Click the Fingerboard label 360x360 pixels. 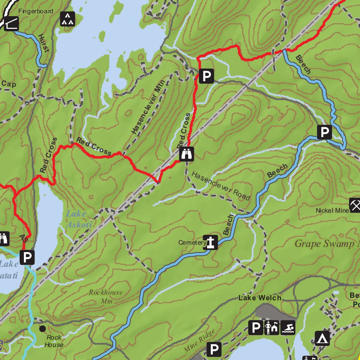coord(36,11)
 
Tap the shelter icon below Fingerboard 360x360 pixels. coord(11,24)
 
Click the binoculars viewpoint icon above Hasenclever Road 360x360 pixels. coord(187,154)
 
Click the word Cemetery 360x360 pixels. coord(192,243)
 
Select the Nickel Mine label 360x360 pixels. coord(332,210)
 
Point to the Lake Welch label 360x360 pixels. coord(260,298)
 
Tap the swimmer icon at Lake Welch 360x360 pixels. coord(288,328)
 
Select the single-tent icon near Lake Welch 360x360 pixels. coord(322,338)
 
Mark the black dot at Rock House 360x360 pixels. coord(43,329)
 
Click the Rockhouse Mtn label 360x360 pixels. coord(105,296)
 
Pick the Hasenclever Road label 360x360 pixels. coord(221,186)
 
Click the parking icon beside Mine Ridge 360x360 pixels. coord(214,349)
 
